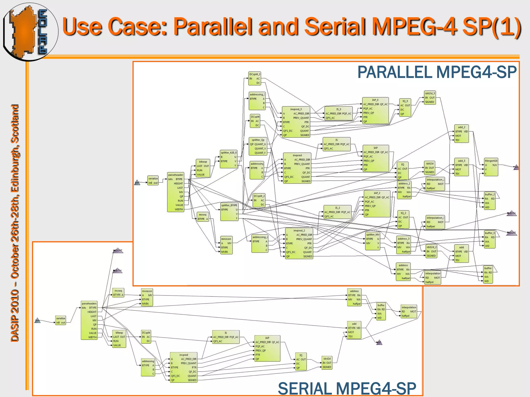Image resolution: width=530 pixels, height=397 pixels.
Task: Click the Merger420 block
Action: pyautogui.click(x=491, y=167)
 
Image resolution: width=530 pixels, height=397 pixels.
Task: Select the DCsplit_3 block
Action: pyautogui.click(x=255, y=79)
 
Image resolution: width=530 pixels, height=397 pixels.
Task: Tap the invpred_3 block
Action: pyautogui.click(x=296, y=122)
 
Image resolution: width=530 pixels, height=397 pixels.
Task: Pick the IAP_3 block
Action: pyautogui.click(x=375, y=111)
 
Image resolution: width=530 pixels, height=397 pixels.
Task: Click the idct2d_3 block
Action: pyautogui.click(x=430, y=98)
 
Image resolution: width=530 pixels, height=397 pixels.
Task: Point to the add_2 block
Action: pyautogui.click(x=461, y=134)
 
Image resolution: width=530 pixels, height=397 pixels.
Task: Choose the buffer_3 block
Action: pyautogui.click(x=490, y=239)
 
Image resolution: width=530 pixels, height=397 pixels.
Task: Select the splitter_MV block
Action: pyautogui.click(x=373, y=241)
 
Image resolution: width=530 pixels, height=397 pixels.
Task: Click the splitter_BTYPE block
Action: pyautogui.click(x=229, y=212)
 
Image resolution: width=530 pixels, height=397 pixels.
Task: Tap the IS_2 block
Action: pyautogui.click(x=337, y=212)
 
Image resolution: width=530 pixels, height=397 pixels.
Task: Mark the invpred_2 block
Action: pyautogui.click(x=299, y=243)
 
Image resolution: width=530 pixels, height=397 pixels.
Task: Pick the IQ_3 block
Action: pyautogui.click(x=405, y=108)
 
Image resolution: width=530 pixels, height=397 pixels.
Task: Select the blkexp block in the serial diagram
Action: pyautogui.click(x=119, y=339)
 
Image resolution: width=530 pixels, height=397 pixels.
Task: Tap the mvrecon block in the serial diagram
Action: pyautogui.click(x=147, y=297)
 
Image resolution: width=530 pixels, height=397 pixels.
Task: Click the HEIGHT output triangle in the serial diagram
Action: pyautogui.click(x=118, y=250)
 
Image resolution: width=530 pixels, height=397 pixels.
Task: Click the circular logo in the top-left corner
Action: pyautogui.click(x=30, y=32)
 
